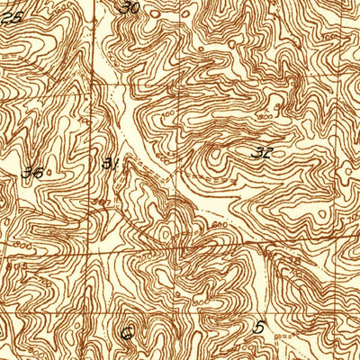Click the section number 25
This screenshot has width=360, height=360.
12,17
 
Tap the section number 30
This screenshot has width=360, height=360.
131,8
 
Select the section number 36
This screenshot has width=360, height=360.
36,171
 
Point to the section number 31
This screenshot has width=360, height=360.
111,163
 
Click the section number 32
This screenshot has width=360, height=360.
263,153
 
